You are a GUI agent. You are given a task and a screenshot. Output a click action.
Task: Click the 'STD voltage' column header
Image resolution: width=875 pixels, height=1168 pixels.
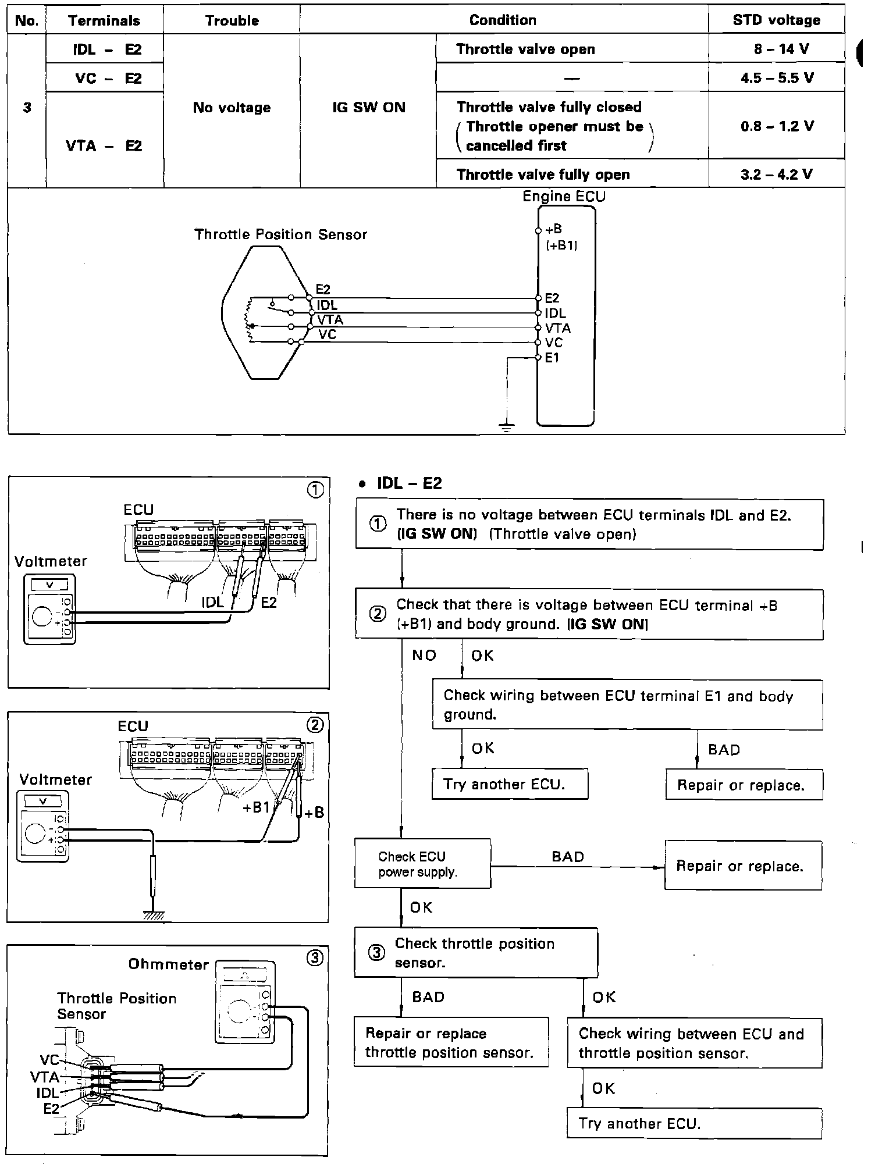[x=776, y=20]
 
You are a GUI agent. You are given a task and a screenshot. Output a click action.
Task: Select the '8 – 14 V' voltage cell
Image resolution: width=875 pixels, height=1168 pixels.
[x=777, y=49]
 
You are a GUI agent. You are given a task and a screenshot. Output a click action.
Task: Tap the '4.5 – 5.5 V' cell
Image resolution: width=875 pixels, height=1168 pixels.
[x=777, y=78]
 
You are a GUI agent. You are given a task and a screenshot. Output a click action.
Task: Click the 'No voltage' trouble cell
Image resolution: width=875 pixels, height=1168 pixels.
[x=232, y=108]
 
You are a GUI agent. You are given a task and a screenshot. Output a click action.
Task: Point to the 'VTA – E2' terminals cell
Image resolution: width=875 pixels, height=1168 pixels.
[x=104, y=145]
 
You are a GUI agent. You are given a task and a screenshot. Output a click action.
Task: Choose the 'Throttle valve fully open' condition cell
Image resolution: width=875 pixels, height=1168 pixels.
[x=543, y=175]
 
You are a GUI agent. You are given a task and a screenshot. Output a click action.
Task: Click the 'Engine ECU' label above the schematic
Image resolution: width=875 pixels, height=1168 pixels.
[x=564, y=197]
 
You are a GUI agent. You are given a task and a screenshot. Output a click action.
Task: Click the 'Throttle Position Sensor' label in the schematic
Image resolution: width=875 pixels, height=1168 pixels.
[x=280, y=234]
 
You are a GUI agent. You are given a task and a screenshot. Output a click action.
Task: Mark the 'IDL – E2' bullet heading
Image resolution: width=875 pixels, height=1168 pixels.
[x=409, y=483]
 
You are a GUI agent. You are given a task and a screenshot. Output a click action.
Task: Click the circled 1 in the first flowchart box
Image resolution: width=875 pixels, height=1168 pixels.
[x=378, y=524]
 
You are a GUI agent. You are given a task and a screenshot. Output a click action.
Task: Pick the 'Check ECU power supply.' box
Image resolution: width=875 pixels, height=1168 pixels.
[x=422, y=864]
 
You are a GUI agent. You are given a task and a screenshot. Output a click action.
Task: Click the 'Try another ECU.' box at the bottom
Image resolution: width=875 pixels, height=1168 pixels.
[x=693, y=1123]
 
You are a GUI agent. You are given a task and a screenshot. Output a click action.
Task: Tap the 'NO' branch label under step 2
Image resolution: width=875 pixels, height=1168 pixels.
[x=424, y=656]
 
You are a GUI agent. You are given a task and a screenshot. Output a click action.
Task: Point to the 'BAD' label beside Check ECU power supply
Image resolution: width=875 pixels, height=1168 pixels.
[x=567, y=857]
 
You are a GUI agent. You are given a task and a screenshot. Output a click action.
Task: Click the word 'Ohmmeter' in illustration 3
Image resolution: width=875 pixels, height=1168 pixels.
[x=169, y=964]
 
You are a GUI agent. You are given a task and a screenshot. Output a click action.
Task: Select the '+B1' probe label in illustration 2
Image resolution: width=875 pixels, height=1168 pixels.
[x=257, y=807]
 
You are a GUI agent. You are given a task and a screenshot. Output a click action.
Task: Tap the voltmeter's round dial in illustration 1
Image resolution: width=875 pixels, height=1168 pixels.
[x=42, y=616]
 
